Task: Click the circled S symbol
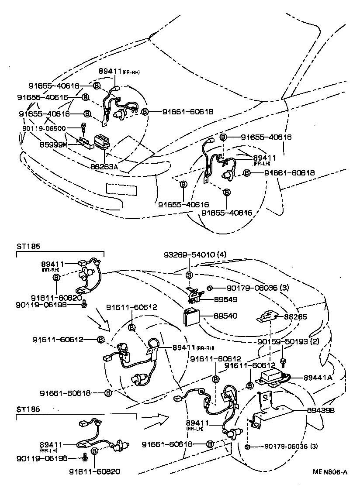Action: point(189,275)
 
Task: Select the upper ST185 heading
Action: point(28,246)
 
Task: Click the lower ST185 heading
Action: point(28,410)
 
